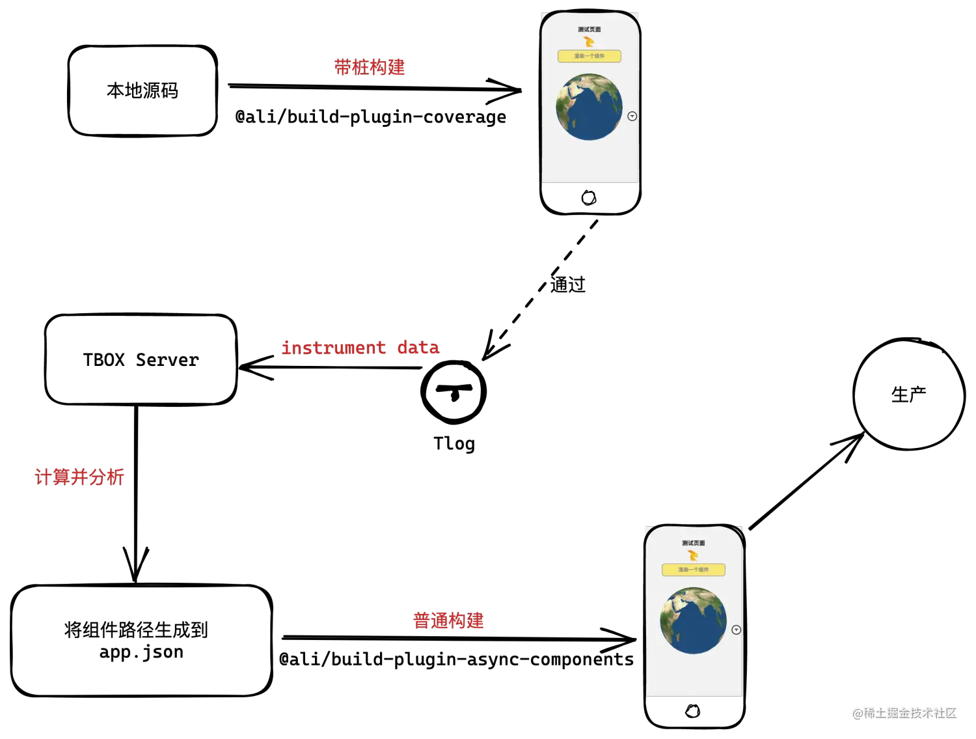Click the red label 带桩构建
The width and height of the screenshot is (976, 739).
point(370,68)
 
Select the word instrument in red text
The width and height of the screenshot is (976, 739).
point(333,348)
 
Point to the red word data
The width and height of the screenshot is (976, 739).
point(418,348)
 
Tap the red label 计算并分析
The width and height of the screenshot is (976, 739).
point(79,477)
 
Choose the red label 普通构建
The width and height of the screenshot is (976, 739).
point(448,620)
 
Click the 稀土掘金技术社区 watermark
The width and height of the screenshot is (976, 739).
point(904,712)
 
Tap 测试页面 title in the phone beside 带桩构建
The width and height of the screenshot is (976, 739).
point(590,29)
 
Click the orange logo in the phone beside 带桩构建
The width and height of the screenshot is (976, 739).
point(590,42)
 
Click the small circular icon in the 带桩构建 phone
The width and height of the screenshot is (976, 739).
point(632,117)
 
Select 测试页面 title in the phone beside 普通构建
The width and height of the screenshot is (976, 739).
point(694,543)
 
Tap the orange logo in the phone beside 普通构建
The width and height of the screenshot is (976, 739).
point(694,555)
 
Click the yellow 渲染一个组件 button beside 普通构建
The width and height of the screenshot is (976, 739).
point(694,570)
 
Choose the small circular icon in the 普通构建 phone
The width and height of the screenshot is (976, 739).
point(737,630)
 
